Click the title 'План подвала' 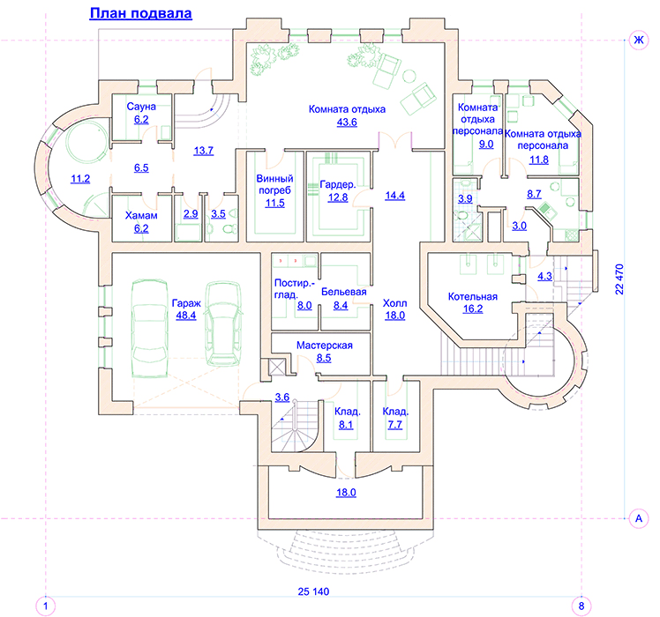(x=140, y=14)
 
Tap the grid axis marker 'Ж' (x=639, y=41)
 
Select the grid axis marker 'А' (x=639, y=518)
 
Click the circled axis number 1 (x=46, y=606)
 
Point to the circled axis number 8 (x=581, y=606)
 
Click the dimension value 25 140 (x=313, y=591)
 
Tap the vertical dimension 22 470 (x=619, y=279)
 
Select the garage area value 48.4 (x=186, y=316)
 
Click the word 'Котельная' (x=473, y=297)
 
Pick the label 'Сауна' (x=141, y=107)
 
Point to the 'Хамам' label (x=141, y=216)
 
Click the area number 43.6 (x=347, y=123)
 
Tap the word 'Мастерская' (x=325, y=346)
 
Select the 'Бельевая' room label (x=344, y=292)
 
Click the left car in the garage (x=149, y=329)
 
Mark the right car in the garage (x=223, y=323)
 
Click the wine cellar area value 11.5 (x=275, y=204)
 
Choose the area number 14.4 (x=394, y=196)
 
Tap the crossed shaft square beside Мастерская (x=276, y=367)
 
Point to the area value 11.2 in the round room (x=80, y=179)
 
